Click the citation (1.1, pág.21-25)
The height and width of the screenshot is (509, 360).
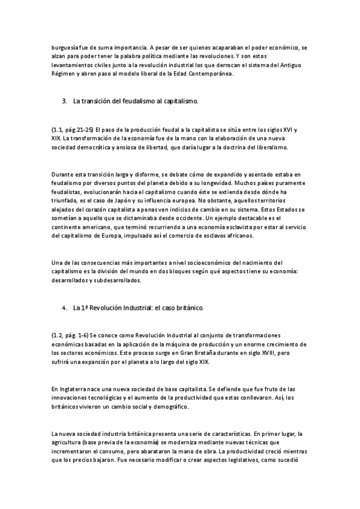pyautogui.click(x=72, y=130)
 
